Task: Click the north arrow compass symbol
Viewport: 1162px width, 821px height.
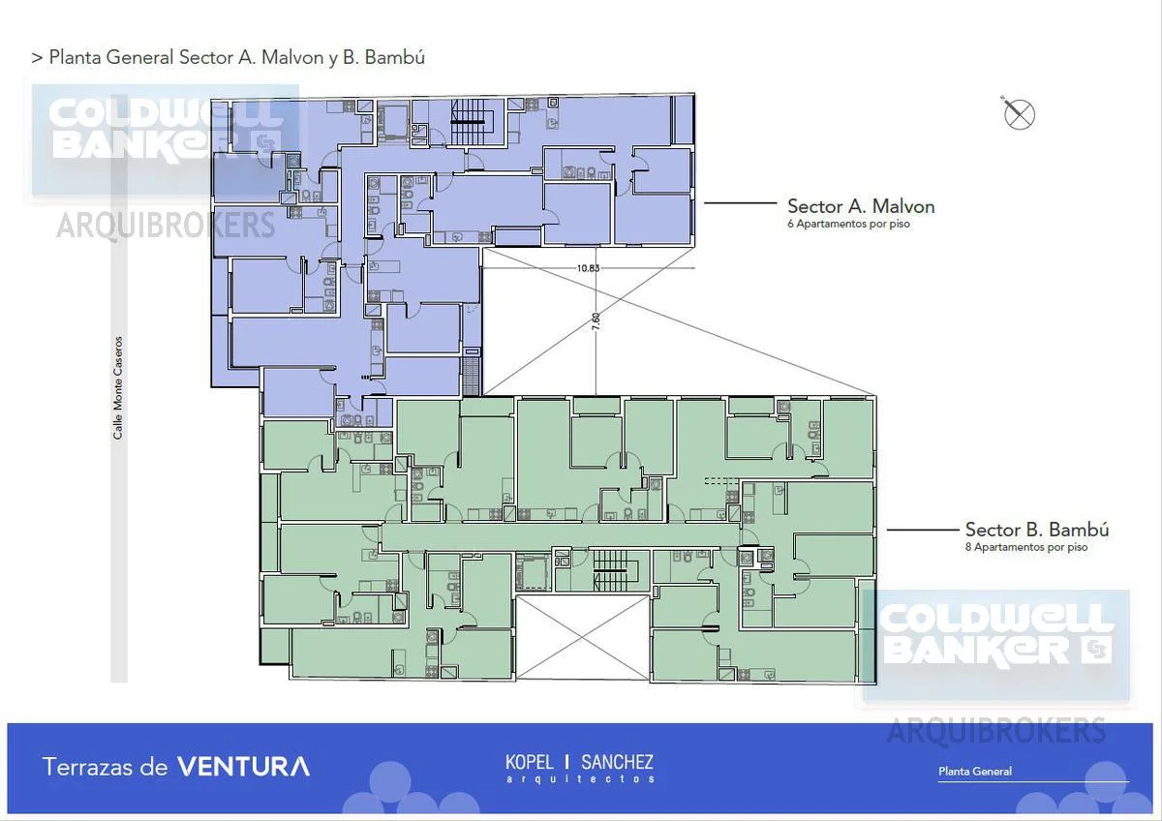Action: [x=1019, y=114]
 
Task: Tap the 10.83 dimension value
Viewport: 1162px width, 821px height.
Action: [x=589, y=268]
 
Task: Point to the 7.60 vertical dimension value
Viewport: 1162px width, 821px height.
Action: [x=596, y=321]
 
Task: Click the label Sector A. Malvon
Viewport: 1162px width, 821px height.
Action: [x=861, y=206]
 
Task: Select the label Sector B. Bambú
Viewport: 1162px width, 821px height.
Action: [x=1037, y=530]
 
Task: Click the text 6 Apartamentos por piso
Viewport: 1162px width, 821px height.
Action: [x=848, y=224]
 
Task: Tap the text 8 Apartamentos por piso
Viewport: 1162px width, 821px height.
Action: [x=1026, y=547]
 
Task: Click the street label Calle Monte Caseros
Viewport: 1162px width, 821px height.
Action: [x=118, y=388]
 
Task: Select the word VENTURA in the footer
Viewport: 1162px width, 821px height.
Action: [x=244, y=767]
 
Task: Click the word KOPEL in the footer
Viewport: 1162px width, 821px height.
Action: [x=529, y=762]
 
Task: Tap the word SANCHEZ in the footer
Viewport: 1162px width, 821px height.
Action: [x=618, y=762]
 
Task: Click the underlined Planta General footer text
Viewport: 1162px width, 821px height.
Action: [x=975, y=772]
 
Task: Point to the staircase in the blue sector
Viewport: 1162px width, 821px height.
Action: [x=468, y=122]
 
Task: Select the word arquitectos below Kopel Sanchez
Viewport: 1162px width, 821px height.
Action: [x=580, y=779]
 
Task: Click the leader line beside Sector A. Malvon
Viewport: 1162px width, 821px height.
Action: [x=740, y=203]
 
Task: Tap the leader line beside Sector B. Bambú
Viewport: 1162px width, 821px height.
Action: [x=923, y=530]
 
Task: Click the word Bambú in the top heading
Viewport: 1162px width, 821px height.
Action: [x=395, y=57]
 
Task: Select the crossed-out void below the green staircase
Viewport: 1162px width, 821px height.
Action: [x=583, y=637]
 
